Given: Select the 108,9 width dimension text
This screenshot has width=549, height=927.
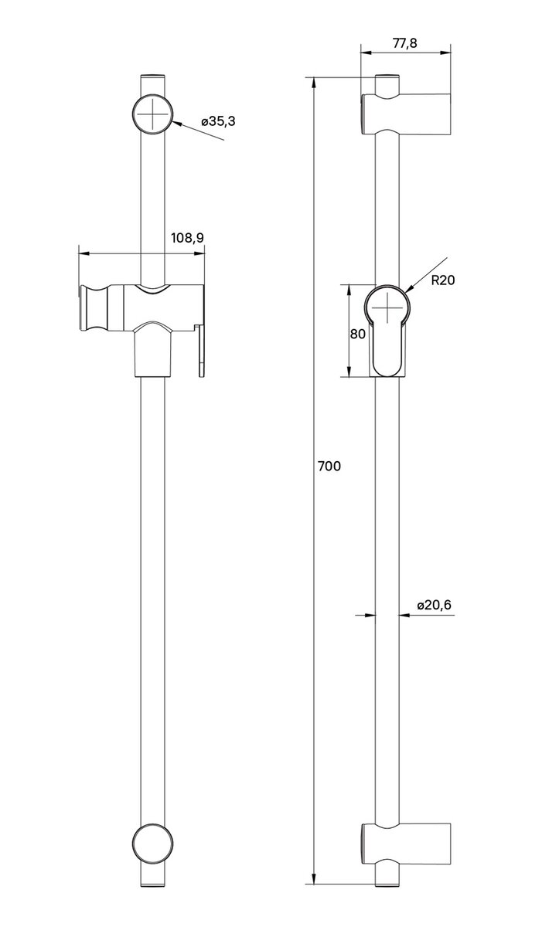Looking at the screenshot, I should point(186,238).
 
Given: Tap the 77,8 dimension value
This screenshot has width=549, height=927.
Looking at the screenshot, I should point(404,43).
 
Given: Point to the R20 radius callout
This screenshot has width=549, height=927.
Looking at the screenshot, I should point(443,280).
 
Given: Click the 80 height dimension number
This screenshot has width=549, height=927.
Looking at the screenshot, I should point(357,334).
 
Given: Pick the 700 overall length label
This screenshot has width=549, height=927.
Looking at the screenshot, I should point(329,466).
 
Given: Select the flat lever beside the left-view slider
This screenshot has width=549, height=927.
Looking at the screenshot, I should point(202,351).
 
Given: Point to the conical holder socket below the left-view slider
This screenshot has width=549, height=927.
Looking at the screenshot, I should point(154,351).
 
